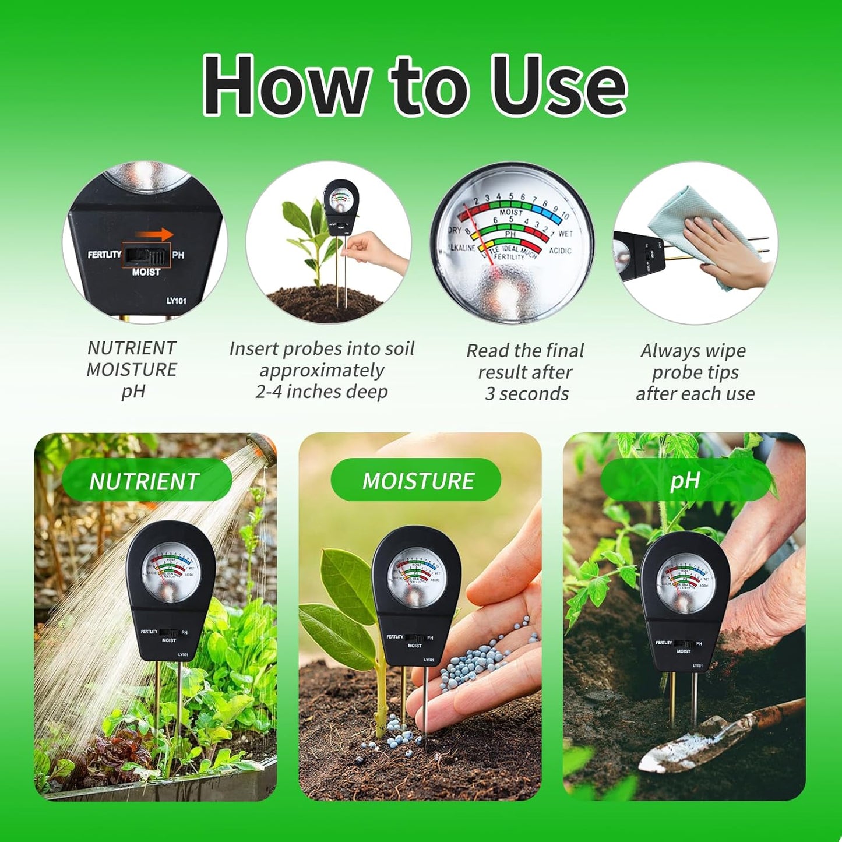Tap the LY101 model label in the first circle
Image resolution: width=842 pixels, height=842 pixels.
[x=176, y=301]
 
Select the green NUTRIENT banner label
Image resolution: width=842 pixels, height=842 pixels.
[x=145, y=481]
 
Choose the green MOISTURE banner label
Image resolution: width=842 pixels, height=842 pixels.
[x=417, y=481]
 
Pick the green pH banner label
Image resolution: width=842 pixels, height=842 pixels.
[x=685, y=481]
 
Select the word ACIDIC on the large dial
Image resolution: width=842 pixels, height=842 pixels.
[x=559, y=251]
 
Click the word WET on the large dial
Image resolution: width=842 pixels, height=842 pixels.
[x=565, y=234]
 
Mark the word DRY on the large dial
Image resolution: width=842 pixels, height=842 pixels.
[x=455, y=231]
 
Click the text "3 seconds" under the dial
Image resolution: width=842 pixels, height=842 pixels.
[x=527, y=394]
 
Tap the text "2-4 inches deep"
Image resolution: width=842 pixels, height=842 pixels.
[x=322, y=392]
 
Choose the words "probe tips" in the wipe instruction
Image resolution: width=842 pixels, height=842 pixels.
[x=695, y=372]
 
